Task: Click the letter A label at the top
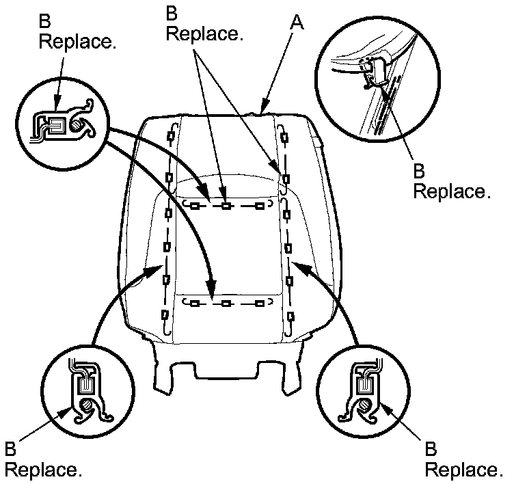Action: pyautogui.click(x=296, y=23)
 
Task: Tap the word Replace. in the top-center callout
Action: pyautogui.click(x=204, y=33)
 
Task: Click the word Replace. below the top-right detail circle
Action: pyautogui.click(x=452, y=191)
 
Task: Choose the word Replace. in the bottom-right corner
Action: pyautogui.click(x=464, y=470)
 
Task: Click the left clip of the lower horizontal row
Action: pyautogui.click(x=195, y=302)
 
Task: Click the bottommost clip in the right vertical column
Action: pyautogui.click(x=291, y=316)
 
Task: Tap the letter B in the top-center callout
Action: pyautogui.click(x=172, y=13)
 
